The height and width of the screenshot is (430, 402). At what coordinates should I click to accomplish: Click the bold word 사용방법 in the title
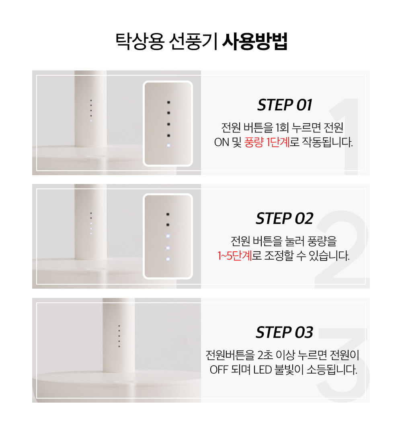tap(255, 42)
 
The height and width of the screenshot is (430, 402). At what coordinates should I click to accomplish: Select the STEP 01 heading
tap(285, 105)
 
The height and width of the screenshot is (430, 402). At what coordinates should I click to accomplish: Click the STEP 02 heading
tap(285, 219)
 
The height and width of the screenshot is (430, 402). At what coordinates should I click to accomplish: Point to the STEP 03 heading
tap(285, 333)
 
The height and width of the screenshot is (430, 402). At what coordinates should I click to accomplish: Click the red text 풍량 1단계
tap(267, 143)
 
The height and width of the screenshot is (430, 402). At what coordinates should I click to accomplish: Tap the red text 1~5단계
tap(235, 256)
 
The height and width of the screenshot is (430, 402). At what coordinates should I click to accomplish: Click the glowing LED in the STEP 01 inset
tap(168, 146)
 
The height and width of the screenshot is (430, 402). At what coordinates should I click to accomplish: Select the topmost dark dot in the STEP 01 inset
tap(169, 102)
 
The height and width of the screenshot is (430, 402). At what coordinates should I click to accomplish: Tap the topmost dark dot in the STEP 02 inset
tap(168, 214)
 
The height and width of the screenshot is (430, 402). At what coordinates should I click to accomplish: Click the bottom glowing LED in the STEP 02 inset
tap(168, 259)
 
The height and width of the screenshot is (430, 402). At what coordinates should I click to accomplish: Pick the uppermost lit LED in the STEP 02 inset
tap(168, 236)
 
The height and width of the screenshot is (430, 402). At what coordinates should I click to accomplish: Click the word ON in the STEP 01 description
tap(221, 143)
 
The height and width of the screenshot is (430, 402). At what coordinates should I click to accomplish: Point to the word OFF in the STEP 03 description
tap(219, 370)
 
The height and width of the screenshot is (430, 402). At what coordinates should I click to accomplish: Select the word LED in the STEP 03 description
tap(263, 370)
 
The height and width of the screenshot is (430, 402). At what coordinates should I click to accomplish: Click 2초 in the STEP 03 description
tap(265, 355)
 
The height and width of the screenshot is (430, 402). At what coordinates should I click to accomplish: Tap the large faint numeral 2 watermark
tap(342, 250)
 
